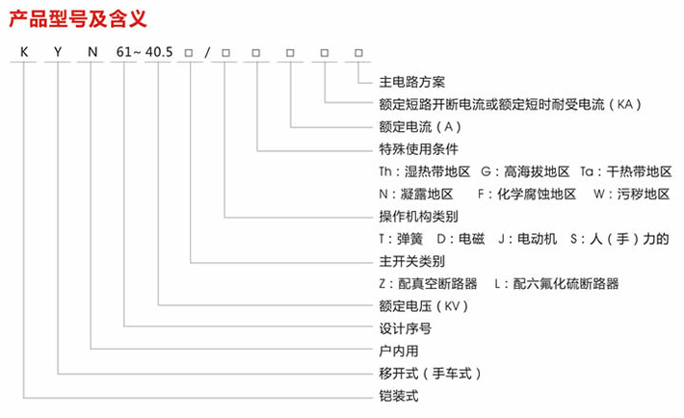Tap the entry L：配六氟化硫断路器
tap(556, 283)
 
